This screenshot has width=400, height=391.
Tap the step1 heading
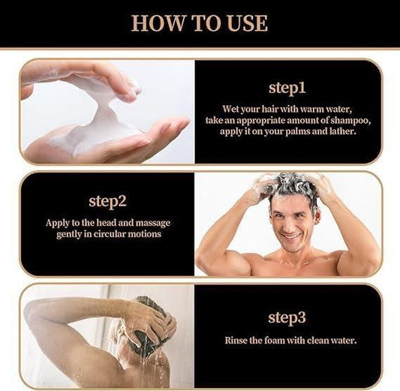pos(287,89)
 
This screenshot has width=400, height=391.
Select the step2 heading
pos(107,202)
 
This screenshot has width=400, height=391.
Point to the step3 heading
pos(287,318)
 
